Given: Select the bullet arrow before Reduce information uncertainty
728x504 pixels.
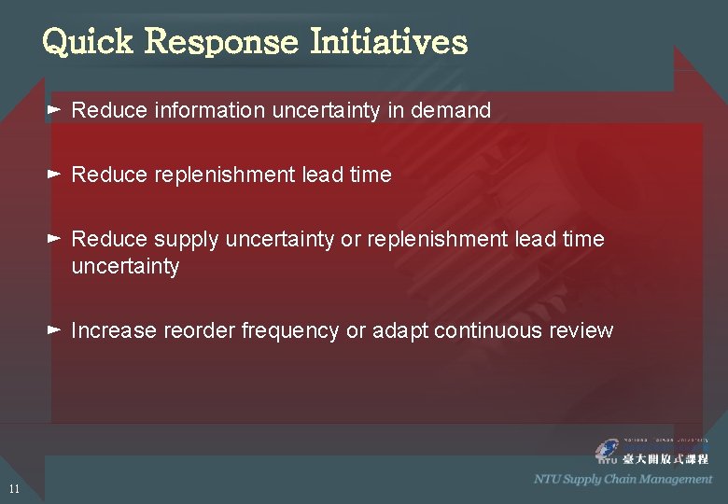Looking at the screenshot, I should coord(54,110).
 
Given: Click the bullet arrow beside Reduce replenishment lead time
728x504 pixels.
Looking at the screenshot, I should coord(54,175).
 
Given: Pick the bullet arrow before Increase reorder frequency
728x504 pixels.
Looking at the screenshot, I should coord(54,330).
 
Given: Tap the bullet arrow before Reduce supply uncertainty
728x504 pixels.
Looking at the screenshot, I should coord(54,239).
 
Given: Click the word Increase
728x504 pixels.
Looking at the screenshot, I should coord(113,330).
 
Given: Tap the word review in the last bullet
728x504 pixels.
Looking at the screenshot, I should coord(583,330).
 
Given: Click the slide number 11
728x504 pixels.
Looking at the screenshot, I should coord(13,489).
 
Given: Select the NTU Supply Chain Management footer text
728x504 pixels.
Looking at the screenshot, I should coord(623,480).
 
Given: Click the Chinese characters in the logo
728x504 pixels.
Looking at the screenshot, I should coord(666,458).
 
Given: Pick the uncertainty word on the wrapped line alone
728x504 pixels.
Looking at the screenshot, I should coord(125,267).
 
